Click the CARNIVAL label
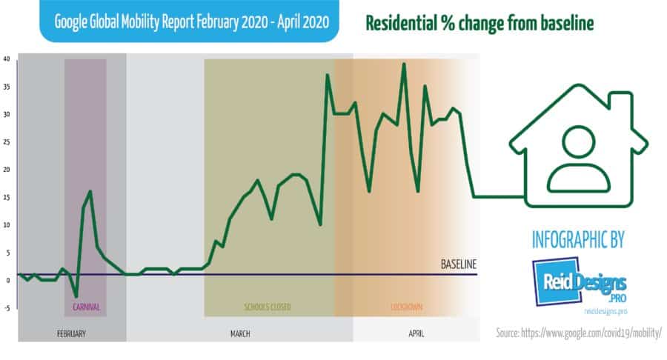pyautogui.click(x=86, y=306)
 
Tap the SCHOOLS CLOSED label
pyautogui.click(x=268, y=306)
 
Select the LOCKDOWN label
pyautogui.click(x=407, y=306)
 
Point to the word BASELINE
pyautogui.click(x=458, y=264)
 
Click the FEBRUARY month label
pyautogui.click(x=71, y=334)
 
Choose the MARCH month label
pyautogui.click(x=239, y=334)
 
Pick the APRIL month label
pyautogui.click(x=416, y=334)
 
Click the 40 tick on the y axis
pyautogui.click(x=6, y=59)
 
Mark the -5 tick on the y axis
pyautogui.click(x=6, y=308)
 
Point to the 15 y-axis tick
pyautogui.click(x=6, y=197)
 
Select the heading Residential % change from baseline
pyautogui.click(x=479, y=23)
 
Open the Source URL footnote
pyautogui.click(x=577, y=333)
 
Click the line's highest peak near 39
pyautogui.click(x=404, y=64)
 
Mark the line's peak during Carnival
pyautogui.click(x=90, y=191)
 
